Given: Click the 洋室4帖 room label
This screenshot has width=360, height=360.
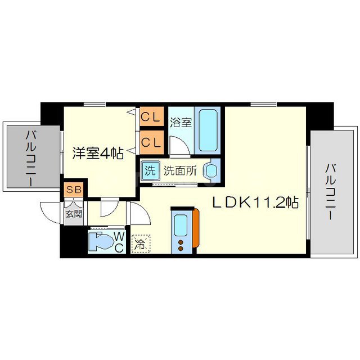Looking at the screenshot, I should (x=97, y=153).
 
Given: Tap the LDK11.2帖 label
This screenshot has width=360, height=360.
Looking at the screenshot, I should (x=255, y=202).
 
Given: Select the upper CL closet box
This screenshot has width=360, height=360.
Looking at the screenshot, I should (x=151, y=118).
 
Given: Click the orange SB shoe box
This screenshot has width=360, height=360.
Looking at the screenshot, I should (x=74, y=190).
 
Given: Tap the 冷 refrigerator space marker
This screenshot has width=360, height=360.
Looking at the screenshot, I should (x=138, y=245).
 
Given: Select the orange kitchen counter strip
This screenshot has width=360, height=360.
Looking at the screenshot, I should (x=196, y=228).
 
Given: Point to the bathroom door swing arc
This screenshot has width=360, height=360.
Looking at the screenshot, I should (x=179, y=147).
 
